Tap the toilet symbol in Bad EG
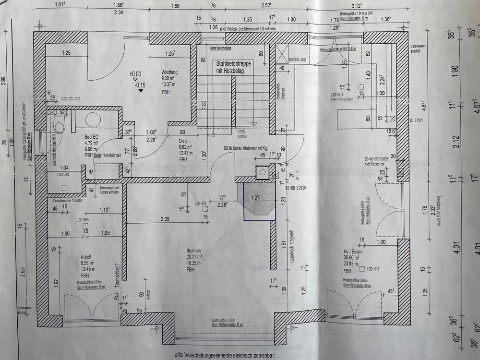(59, 126)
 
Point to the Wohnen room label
(194, 251)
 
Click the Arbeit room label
(86, 257)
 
